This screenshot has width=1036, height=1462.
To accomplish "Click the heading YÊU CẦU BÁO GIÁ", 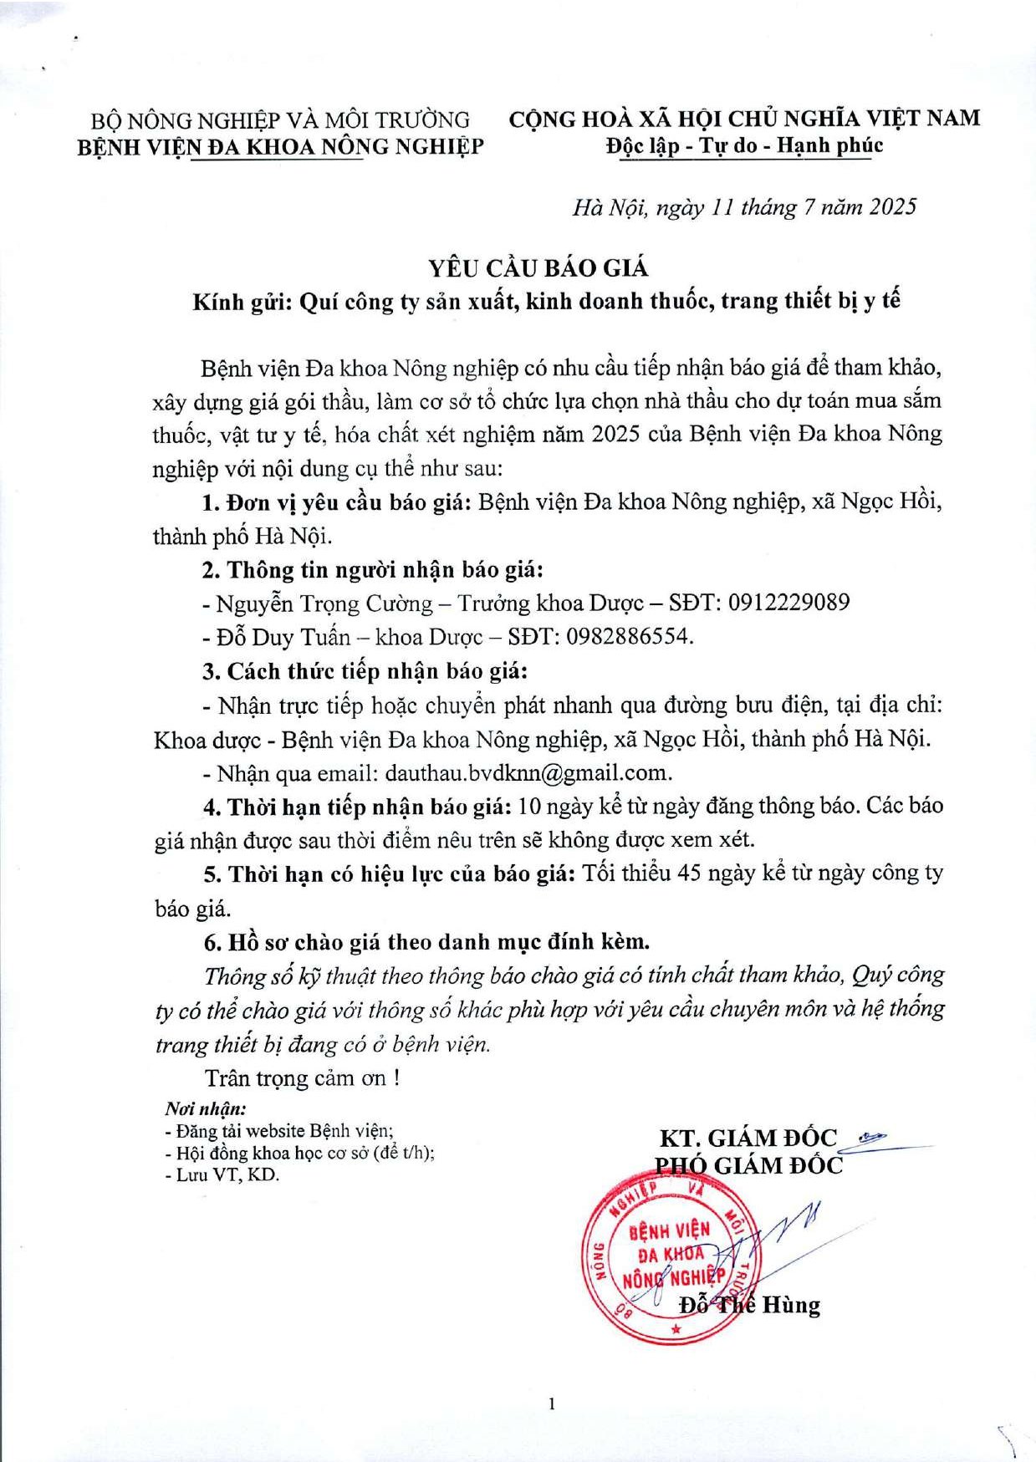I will pyautogui.click(x=538, y=267).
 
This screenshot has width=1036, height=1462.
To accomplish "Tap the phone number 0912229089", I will pyautogui.click(x=788, y=603).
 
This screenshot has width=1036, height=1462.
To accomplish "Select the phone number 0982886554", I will pyautogui.click(x=629, y=637).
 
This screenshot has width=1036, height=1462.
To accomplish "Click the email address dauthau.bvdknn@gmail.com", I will pyautogui.click(x=528, y=772).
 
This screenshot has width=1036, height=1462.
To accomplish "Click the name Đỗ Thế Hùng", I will pyautogui.click(x=749, y=1305).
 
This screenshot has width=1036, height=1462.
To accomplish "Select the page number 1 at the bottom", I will pyautogui.click(x=552, y=1403).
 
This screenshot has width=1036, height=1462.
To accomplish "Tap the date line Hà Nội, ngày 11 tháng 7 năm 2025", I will pyautogui.click(x=744, y=207).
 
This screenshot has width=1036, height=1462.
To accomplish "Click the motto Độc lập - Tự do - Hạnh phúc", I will pyautogui.click(x=744, y=145).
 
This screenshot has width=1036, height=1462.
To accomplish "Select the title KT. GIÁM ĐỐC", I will pyautogui.click(x=748, y=1138).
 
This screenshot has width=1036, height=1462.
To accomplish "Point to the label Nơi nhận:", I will pyautogui.click(x=205, y=1109).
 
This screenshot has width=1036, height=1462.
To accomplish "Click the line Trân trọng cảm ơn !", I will pyautogui.click(x=302, y=1077).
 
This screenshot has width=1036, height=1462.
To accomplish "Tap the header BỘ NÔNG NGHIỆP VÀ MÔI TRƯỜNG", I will pyautogui.click(x=280, y=120).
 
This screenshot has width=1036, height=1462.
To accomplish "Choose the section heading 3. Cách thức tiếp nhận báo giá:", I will pyautogui.click(x=365, y=671).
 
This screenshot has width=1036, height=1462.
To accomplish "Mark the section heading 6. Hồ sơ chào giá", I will pyautogui.click(x=426, y=942).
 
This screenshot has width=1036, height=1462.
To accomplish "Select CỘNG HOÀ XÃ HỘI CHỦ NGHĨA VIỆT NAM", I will pyautogui.click(x=744, y=119).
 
